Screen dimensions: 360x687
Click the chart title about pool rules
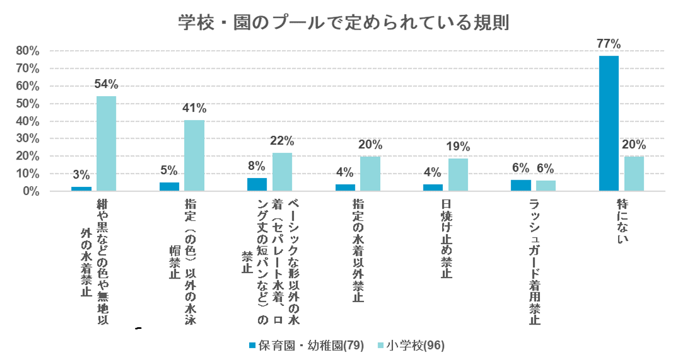pyautogui.click(x=344, y=23)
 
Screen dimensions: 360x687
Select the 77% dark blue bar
pyautogui.click(x=609, y=123)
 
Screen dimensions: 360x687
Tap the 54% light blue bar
pyautogui.click(x=107, y=144)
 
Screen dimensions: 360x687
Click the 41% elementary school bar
pyautogui.click(x=194, y=156)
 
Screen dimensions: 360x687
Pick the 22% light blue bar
pyautogui.click(x=282, y=172)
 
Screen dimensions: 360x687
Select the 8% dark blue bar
pyautogui.click(x=257, y=185)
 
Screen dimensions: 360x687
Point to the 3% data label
pyautogui.click(x=81, y=175)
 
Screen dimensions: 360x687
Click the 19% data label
pyautogui.click(x=458, y=146)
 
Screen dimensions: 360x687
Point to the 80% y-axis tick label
pyautogui.click(x=27, y=51)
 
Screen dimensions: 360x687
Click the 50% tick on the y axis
pyautogui.click(x=27, y=104)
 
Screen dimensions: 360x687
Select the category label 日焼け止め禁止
pyautogui.click(x=446, y=239)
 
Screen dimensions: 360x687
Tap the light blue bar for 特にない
pyautogui.click(x=634, y=174)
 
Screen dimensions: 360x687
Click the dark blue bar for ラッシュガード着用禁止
pyautogui.click(x=521, y=186)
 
